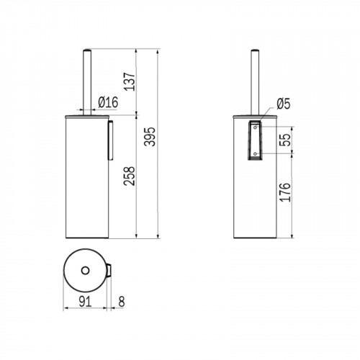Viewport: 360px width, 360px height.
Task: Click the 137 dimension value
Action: pos(130,81)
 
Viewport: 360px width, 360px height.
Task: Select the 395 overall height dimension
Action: pos(150,137)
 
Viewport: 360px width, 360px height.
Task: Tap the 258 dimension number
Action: pos(130,176)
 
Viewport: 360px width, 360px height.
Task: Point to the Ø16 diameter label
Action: pos(108,102)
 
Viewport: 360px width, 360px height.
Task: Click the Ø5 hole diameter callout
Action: pos(284,104)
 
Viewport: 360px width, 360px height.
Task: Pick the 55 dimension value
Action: pos(285,140)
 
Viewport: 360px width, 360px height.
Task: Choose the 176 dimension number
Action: pos(285,192)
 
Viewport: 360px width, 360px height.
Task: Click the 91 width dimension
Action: pos(85,302)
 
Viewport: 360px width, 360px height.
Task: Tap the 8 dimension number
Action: pos(122,302)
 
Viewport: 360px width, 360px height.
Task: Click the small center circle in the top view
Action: pos(85,271)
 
